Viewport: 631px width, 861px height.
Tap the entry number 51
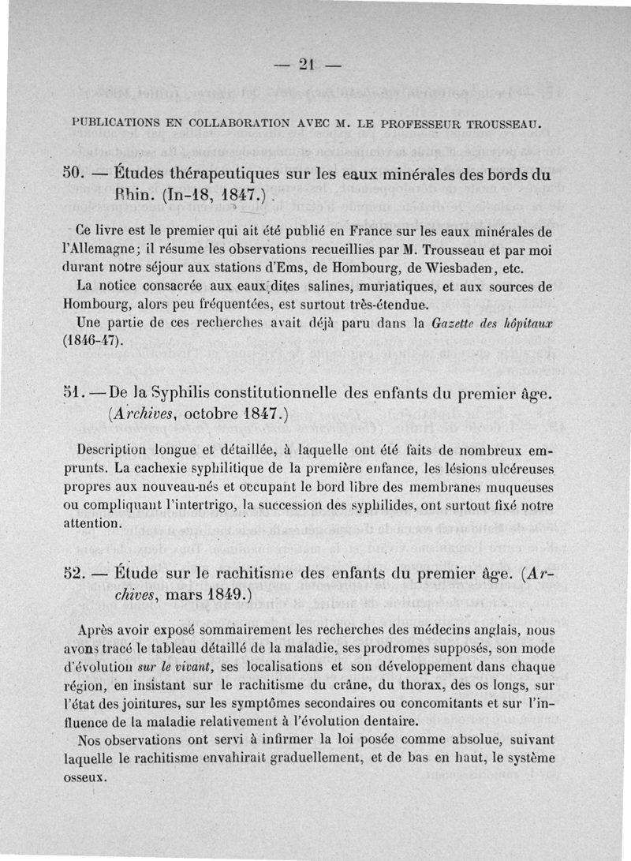(75, 392)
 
